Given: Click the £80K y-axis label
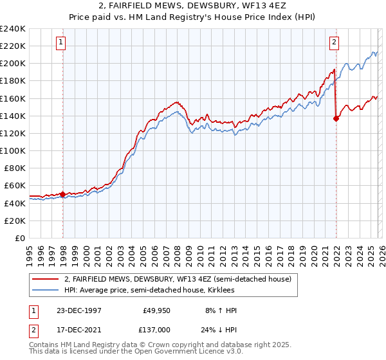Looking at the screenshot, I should [x=14, y=168].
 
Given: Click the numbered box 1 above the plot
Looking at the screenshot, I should [x=60, y=43].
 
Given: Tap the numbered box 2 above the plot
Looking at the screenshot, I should [x=335, y=43].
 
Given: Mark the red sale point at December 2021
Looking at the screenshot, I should [x=336, y=118].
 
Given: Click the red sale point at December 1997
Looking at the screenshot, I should [x=63, y=194].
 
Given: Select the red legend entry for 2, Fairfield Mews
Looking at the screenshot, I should [x=178, y=279].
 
